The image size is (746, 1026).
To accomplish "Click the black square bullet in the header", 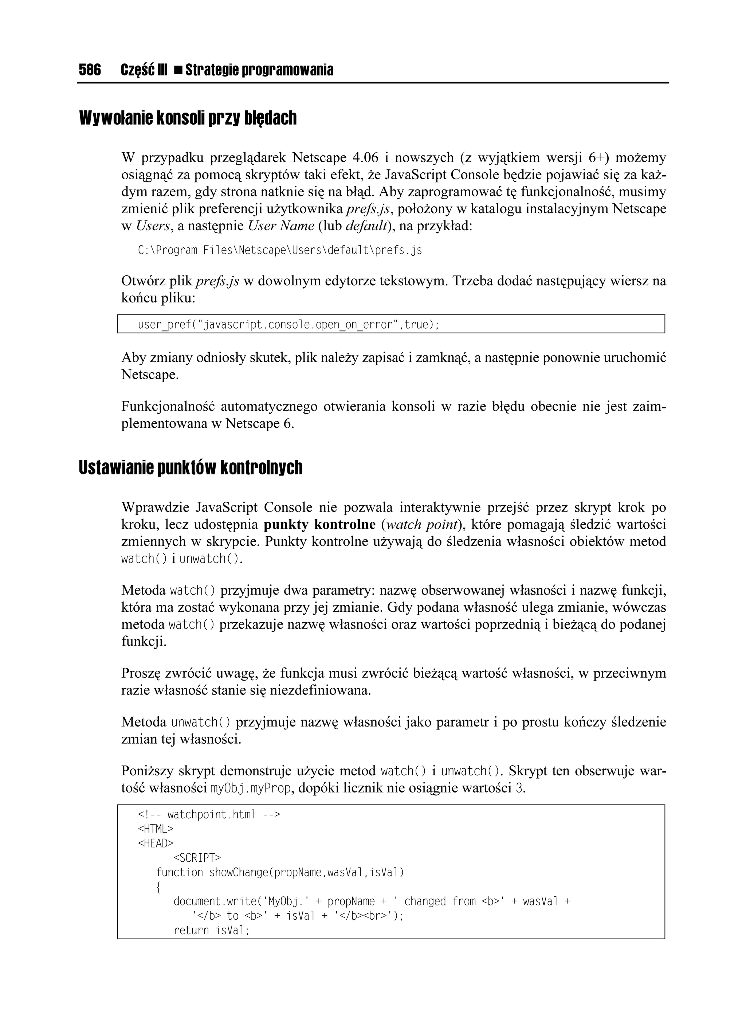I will [x=178, y=71].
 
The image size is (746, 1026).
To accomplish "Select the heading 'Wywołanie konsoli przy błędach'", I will [x=188, y=118].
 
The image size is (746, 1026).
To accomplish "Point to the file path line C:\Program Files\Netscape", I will [x=280, y=250].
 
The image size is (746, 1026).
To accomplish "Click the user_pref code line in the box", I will [x=288, y=325].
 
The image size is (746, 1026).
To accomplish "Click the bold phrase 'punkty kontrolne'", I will [x=319, y=524].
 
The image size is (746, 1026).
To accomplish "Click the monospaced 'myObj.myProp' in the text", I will [x=251, y=788].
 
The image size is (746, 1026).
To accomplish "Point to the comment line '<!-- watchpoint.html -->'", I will [x=209, y=814].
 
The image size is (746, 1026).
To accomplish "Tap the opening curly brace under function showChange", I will [x=158, y=887].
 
